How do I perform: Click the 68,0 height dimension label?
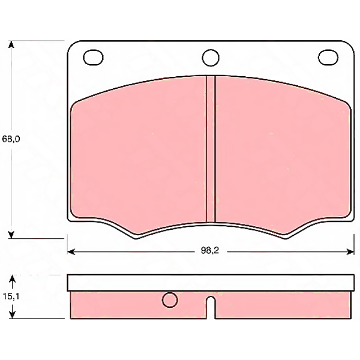[11, 139]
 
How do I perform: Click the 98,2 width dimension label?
[210, 250]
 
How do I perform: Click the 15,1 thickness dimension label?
[11, 296]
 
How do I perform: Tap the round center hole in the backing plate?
[211, 58]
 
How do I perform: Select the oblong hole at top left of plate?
[93, 58]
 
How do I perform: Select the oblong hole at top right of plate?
[328, 57]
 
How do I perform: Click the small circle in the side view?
[170, 300]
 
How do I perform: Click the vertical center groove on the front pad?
[211, 149]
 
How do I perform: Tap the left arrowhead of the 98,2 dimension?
[71, 252]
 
